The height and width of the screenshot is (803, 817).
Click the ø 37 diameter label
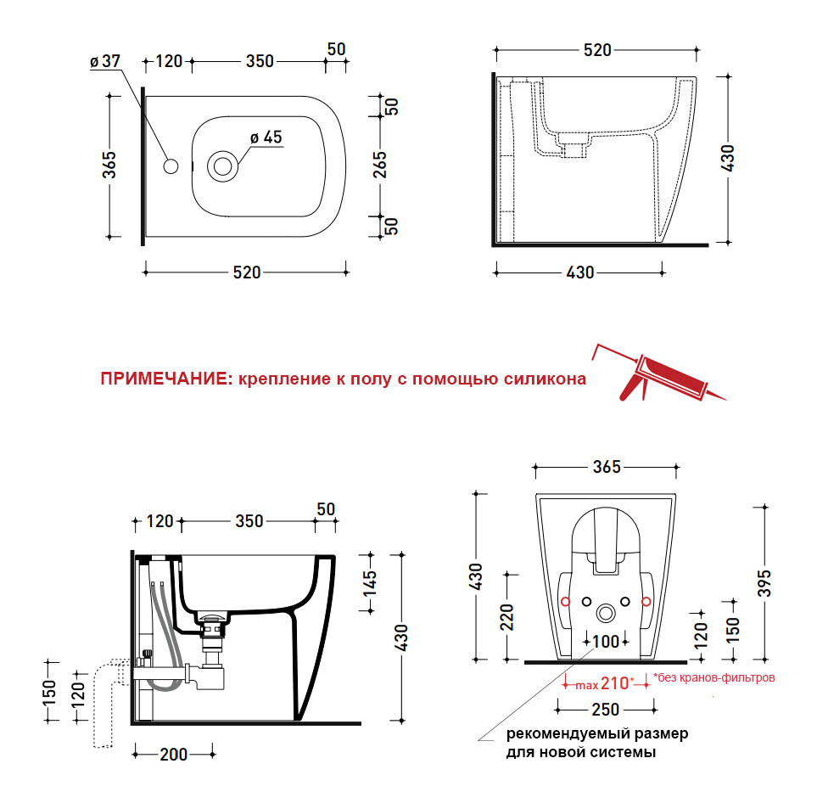point(105,61)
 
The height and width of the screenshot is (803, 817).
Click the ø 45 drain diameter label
point(266,138)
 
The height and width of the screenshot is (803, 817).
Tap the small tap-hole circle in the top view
point(171,166)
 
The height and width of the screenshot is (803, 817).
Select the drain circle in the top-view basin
point(223,166)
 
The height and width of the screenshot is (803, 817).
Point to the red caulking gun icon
point(659,373)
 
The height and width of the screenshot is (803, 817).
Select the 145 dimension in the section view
point(370,583)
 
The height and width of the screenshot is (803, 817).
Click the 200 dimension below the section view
point(174,755)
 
